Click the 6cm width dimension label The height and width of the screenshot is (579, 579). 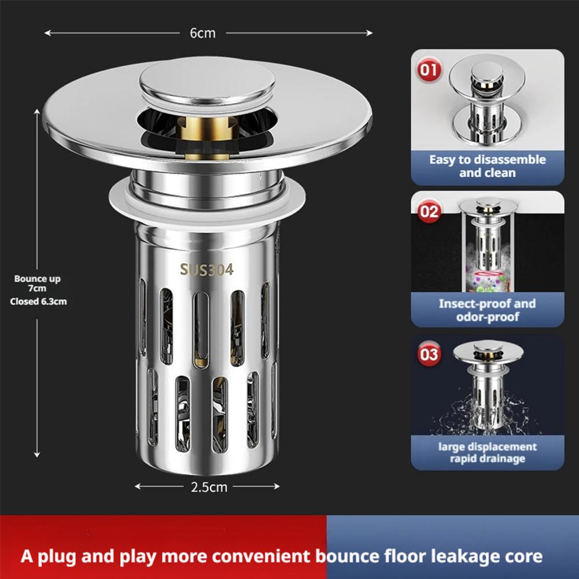(202, 33)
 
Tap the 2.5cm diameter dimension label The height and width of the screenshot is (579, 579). (209, 486)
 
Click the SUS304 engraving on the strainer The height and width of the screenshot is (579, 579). (206, 270)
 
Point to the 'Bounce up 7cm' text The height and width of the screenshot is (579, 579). (38, 283)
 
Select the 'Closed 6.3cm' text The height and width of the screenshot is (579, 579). (38, 301)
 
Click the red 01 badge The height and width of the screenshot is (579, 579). (429, 71)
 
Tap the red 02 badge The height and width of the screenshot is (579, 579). (429, 212)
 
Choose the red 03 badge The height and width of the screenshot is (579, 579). (429, 353)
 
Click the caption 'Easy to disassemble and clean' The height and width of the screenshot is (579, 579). (487, 166)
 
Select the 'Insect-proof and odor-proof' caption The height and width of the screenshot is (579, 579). (487, 310)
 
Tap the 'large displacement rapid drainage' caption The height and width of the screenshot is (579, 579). (487, 453)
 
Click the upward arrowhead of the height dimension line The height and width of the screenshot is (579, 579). (38, 112)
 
